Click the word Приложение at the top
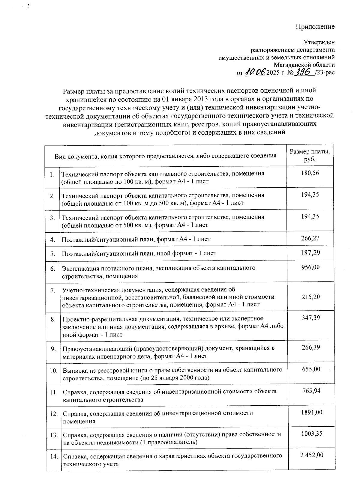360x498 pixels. click(315, 27)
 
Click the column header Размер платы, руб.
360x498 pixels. click(310, 155)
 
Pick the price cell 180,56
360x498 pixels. click(310, 173)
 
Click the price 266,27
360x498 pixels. click(310, 238)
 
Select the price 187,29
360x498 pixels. click(310, 253)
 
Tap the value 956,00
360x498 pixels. click(310, 267)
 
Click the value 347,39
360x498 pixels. click(310, 318)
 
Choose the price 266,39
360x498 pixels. click(310, 347)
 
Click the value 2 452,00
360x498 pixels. click(312, 455)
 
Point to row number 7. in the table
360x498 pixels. click(53, 290)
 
